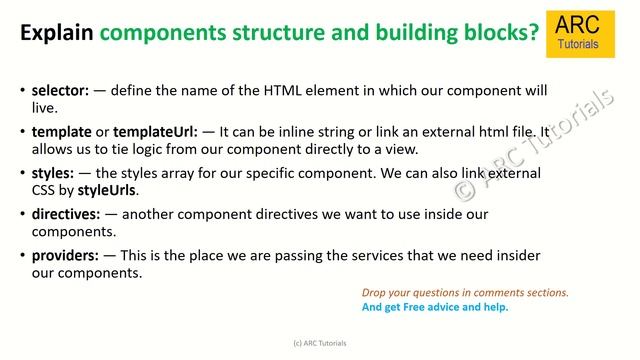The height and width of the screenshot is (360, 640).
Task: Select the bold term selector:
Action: [61, 90]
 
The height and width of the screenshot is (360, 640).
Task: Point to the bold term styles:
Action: [54, 173]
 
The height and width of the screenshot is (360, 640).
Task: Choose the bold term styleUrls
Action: [108, 190]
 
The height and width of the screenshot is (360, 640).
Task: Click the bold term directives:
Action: [67, 214]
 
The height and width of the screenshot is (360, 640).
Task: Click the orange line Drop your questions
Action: [465, 293]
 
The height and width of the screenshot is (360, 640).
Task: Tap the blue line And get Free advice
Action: [435, 307]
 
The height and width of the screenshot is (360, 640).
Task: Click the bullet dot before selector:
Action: [22, 91]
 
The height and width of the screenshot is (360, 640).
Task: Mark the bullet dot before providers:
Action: [22, 256]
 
